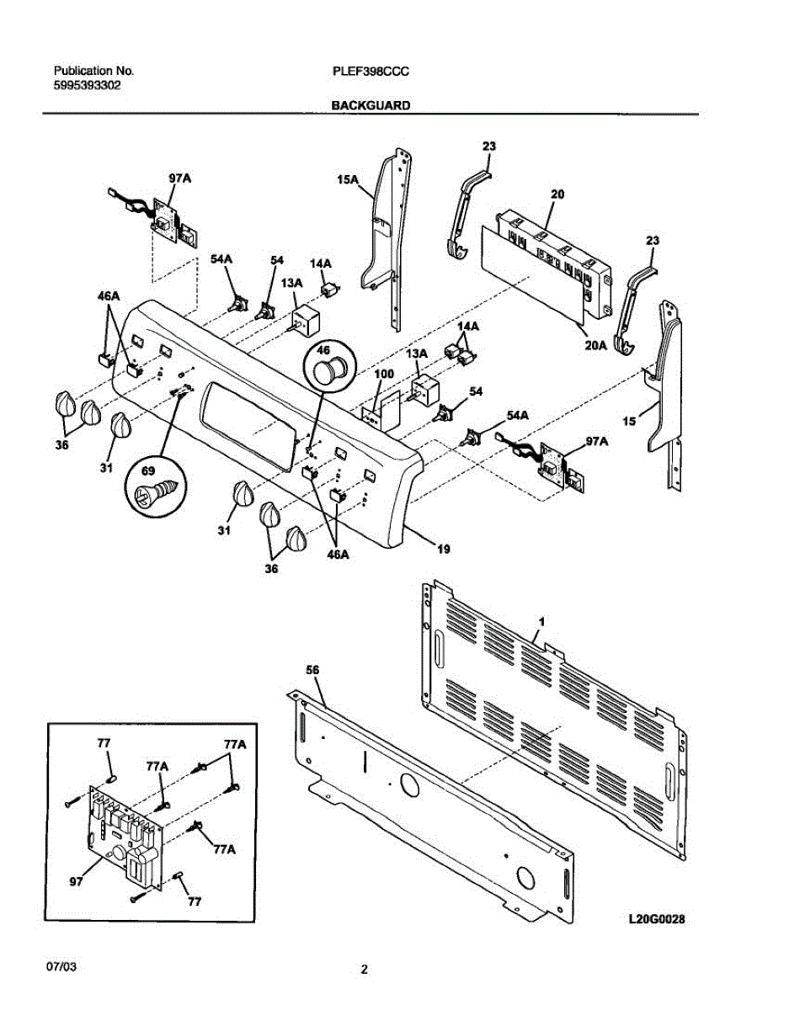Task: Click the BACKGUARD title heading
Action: click(x=371, y=106)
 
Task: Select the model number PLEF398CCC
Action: click(x=371, y=72)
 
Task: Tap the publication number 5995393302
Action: click(x=87, y=85)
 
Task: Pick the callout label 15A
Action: click(x=348, y=180)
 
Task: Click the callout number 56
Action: click(x=312, y=669)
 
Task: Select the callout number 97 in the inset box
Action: click(x=77, y=881)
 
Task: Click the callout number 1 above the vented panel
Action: click(x=541, y=620)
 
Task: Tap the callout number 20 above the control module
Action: click(x=557, y=194)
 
